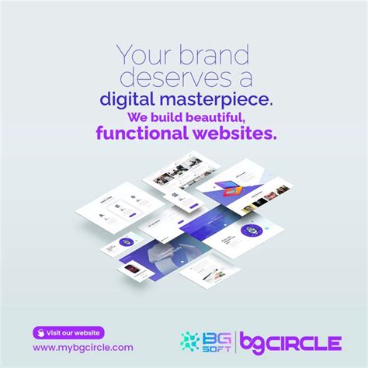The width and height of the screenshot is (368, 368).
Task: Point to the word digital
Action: (x=129, y=99)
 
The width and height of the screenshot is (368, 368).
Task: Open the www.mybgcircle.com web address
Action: (x=83, y=348)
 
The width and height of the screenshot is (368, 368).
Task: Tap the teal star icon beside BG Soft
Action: (x=189, y=342)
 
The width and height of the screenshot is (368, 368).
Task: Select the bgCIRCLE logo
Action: (x=290, y=342)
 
